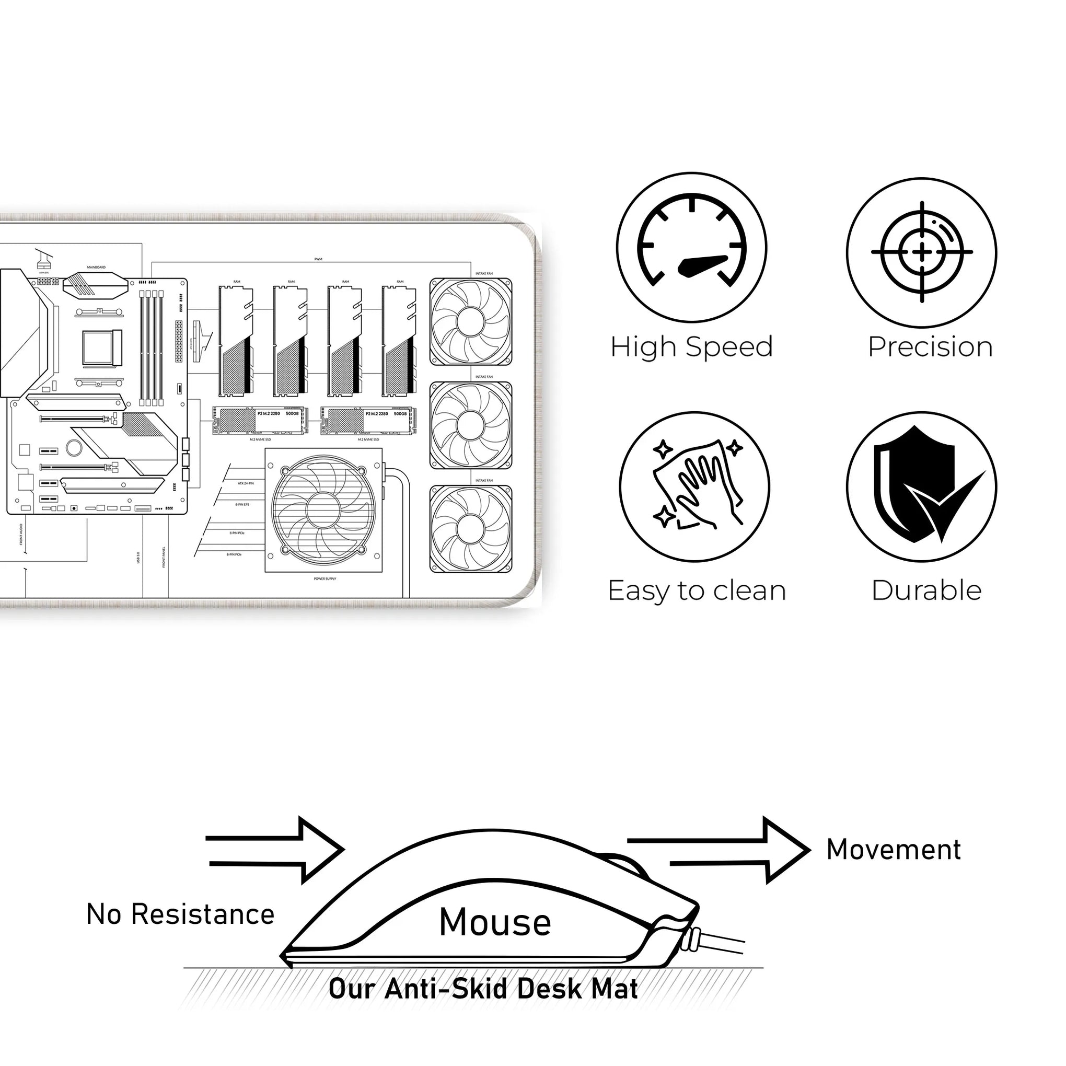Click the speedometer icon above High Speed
point(691,247)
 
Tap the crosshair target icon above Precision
point(921,252)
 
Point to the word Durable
point(926,590)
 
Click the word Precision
point(930,346)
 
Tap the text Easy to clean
point(697,590)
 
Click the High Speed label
point(691,346)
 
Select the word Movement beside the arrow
point(894,850)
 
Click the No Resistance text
point(180,914)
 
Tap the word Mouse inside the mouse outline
point(495,922)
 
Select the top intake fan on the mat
point(471,322)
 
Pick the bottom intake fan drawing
point(471,529)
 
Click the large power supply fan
point(324,510)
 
